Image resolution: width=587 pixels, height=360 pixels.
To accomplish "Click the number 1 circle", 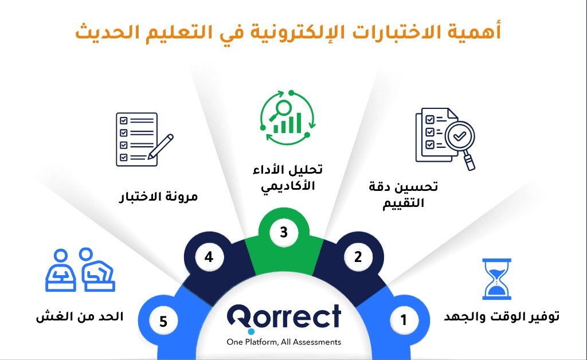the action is tap(404, 320).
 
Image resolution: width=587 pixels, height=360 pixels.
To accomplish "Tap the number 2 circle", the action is tap(358, 257).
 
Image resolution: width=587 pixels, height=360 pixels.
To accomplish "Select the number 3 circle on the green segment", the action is tap(284, 232).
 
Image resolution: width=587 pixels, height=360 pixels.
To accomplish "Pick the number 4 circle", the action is tap(209, 257).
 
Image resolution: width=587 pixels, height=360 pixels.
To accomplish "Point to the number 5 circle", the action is tap(163, 321).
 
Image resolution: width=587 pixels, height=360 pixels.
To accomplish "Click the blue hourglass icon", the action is tap(496, 279).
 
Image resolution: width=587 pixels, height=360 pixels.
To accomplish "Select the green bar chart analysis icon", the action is tap(288, 117).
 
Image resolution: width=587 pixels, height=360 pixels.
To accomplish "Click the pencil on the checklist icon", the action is tap(161, 147).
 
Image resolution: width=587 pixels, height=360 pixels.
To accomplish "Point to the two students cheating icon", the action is tap(80, 269).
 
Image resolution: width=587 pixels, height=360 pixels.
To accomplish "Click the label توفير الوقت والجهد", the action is tap(502, 316).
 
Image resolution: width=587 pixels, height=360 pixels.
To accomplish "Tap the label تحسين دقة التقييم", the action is tap(403, 194).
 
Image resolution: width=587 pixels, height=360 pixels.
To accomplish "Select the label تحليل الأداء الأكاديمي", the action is tap(288, 178).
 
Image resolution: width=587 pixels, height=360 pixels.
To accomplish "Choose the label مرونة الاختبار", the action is tap(158, 197).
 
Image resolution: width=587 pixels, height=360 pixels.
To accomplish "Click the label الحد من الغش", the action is tap(80, 316).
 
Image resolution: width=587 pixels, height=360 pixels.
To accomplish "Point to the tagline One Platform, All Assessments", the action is tap(284, 342).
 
